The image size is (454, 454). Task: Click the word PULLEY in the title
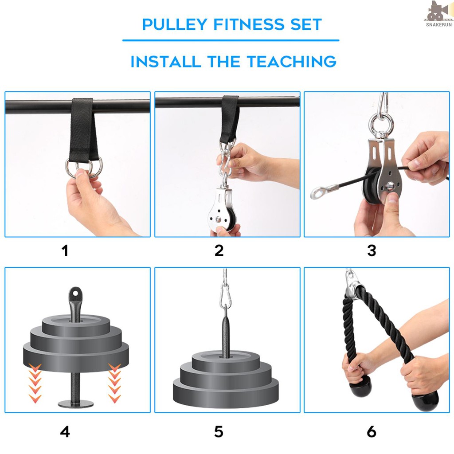tap(175, 24)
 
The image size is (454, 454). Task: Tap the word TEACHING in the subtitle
tap(292, 62)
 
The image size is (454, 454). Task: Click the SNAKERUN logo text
tap(438, 25)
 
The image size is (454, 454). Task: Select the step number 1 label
tap(65, 251)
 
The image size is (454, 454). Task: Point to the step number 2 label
tap(219, 251)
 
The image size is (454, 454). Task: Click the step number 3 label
tap(372, 251)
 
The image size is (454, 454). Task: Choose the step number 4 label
tap(65, 432)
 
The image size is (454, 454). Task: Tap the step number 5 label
tap(219, 432)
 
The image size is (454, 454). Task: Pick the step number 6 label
tap(372, 432)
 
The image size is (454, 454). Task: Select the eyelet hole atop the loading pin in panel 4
tap(75, 294)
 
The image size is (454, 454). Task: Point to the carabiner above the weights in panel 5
tap(224, 296)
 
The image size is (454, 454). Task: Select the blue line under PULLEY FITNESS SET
tap(231, 40)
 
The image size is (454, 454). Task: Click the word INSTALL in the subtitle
tap(166, 62)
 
